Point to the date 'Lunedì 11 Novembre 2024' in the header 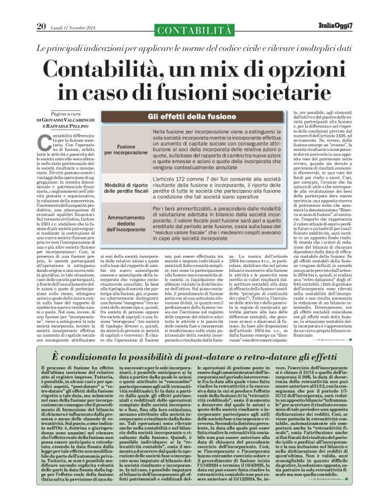[x=72, y=8]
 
